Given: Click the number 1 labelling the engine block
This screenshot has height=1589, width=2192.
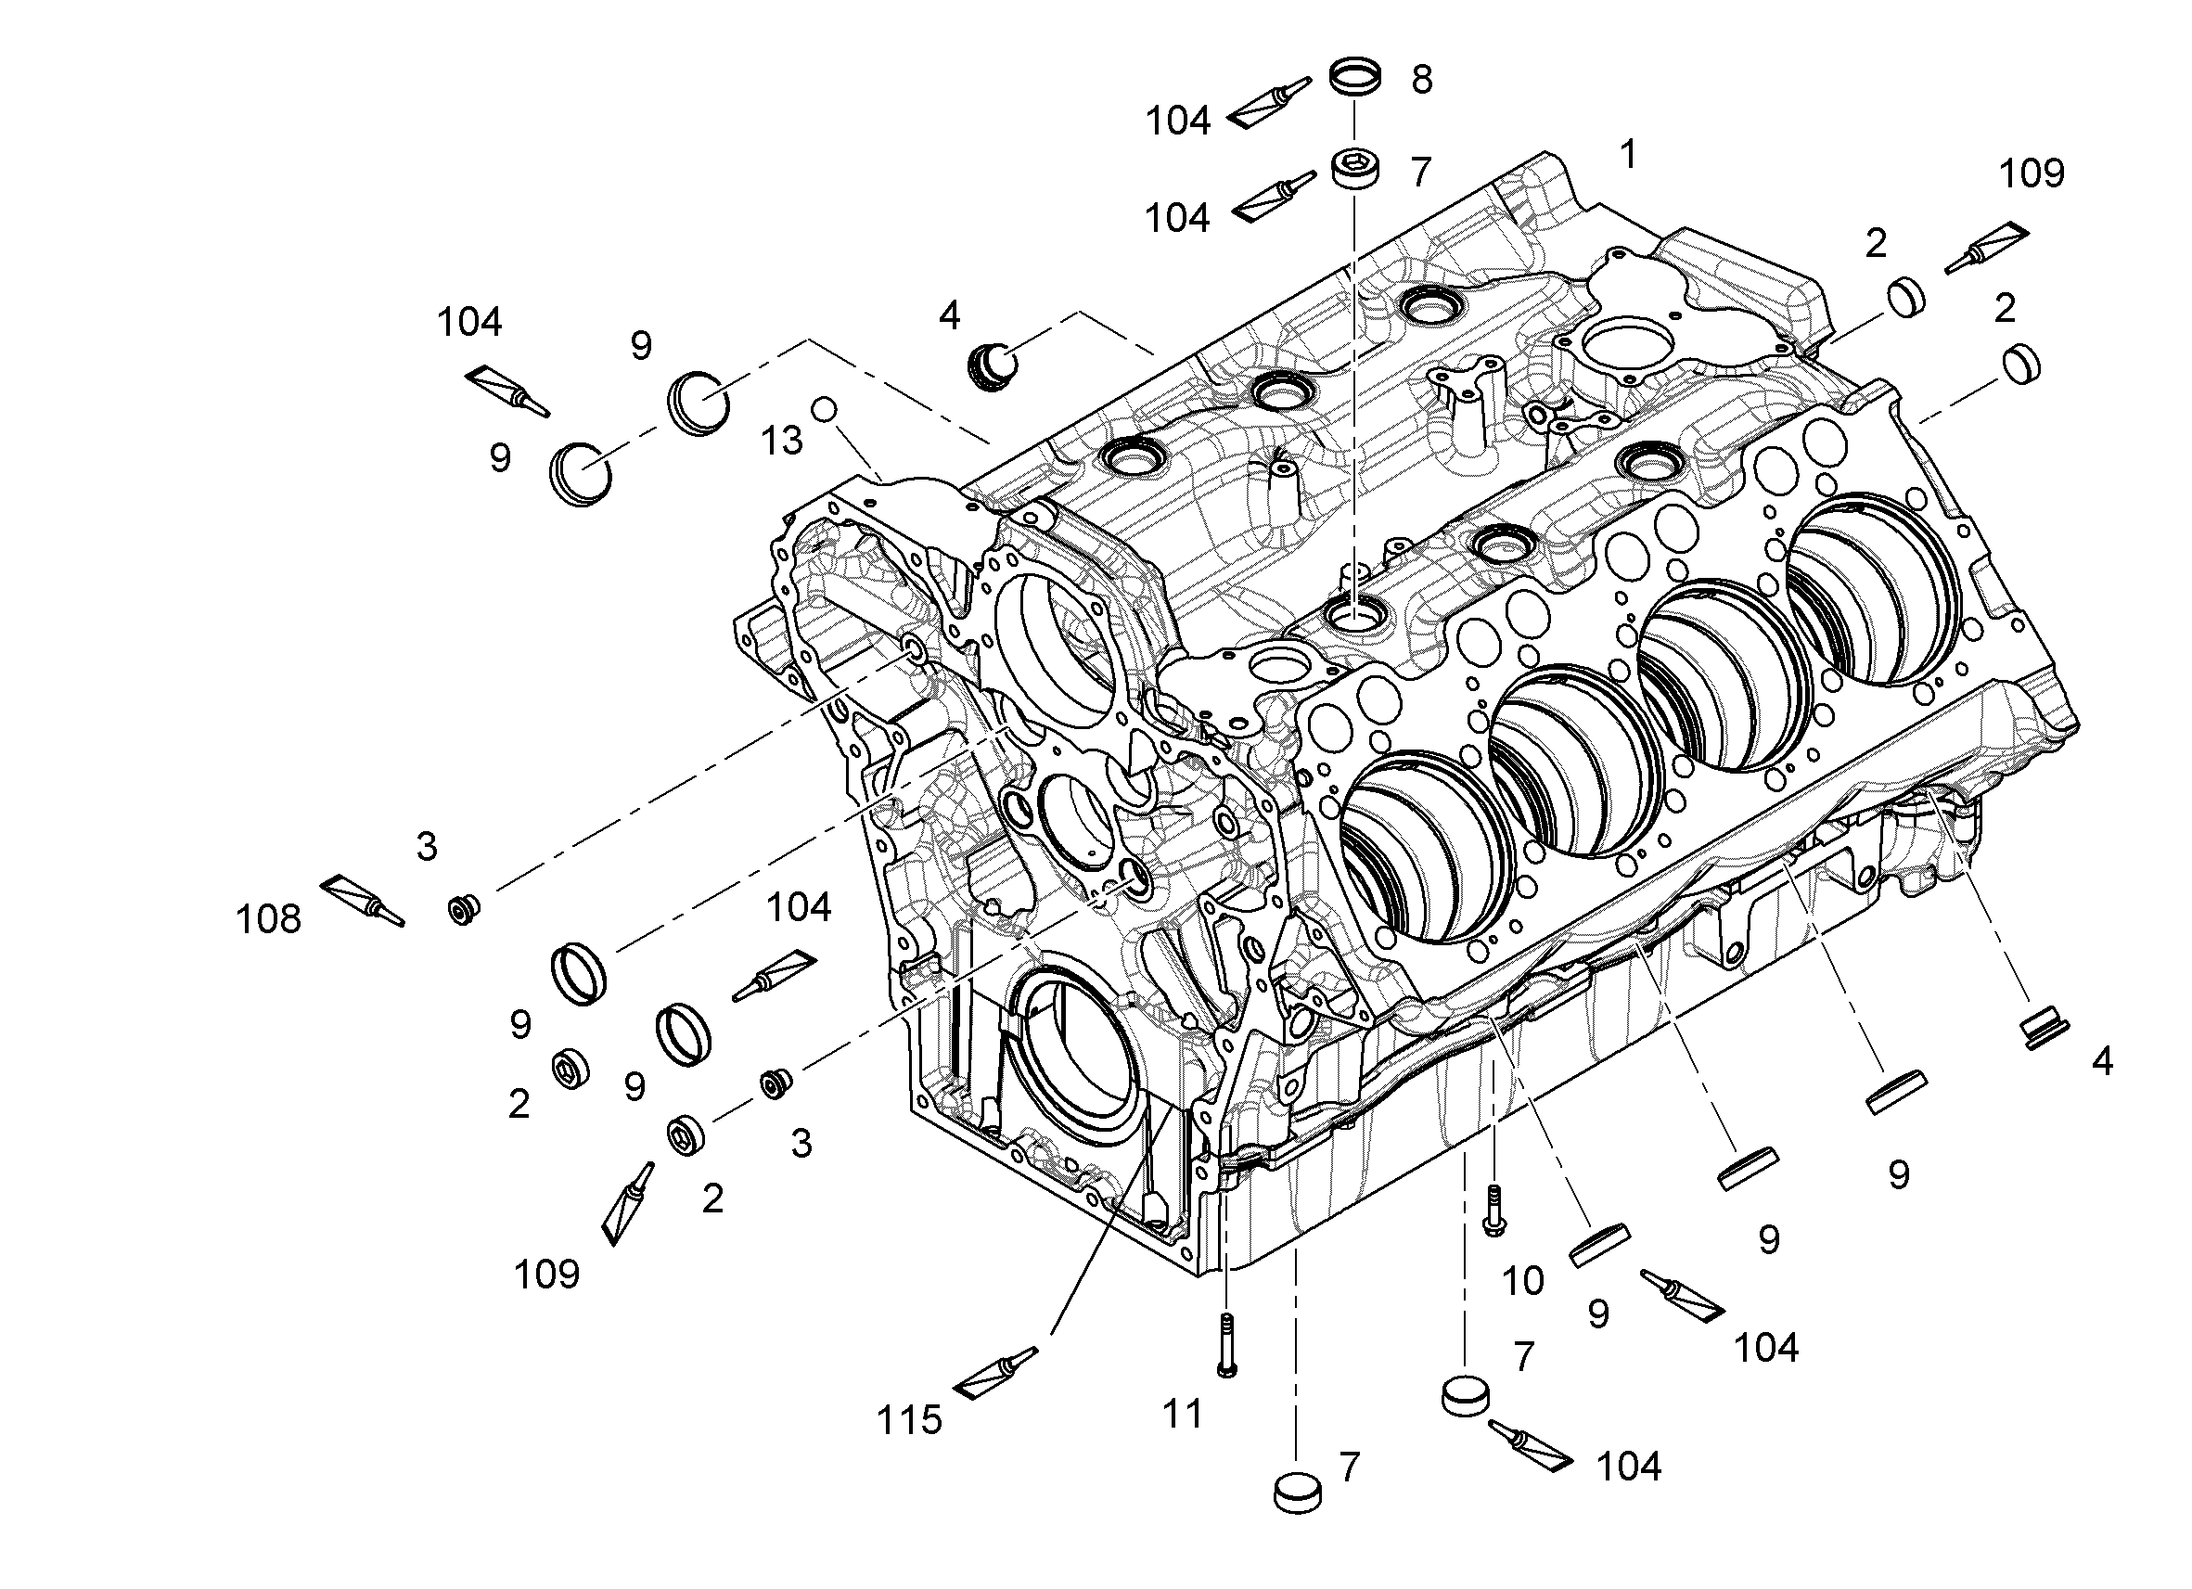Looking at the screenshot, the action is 1629,155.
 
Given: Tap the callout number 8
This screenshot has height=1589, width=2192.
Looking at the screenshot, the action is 1422,80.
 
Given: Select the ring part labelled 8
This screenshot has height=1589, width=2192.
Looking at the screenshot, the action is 1354,77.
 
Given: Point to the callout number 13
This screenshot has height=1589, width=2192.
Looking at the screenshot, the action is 782,441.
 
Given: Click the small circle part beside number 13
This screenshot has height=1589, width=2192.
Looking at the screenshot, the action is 824,409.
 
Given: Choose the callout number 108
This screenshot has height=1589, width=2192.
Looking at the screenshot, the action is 269,919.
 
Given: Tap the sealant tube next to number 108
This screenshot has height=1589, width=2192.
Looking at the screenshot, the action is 362,900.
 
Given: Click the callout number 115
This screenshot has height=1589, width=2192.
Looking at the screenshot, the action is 909,1420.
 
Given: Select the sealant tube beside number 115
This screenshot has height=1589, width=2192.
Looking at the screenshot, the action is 995,1374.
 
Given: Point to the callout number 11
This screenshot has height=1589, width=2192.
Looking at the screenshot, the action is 1183,1414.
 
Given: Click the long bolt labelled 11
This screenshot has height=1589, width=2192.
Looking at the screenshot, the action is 1227,1344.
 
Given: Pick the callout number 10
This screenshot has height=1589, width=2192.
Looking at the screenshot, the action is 1523,1281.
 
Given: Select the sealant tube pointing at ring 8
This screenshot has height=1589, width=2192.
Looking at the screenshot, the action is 1269,103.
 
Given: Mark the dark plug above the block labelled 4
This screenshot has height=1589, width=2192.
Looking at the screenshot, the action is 993,365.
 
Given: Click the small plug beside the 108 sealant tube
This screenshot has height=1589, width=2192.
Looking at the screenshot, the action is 465,908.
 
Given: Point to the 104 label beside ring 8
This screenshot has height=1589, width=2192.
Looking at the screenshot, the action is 1178,121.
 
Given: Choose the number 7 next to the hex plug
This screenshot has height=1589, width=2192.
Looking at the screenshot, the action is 1420,172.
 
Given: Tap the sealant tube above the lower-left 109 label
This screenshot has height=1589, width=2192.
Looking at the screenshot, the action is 627,1203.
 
